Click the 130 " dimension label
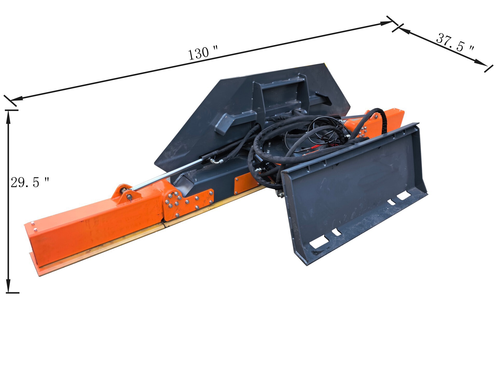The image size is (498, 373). coord(203,53)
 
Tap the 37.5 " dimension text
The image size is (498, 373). coord(455,42)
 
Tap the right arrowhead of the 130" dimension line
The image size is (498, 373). coord(387,23)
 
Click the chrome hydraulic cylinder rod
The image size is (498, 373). coord(167,174)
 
